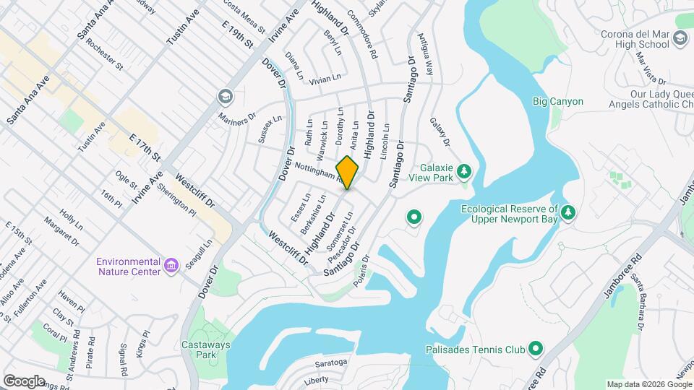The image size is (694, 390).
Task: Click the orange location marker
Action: pos(348,173)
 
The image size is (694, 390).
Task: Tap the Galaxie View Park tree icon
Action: pos(465,171)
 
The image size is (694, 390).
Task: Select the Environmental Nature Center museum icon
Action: pos(171,266)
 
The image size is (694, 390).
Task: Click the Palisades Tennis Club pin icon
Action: pos(535,350)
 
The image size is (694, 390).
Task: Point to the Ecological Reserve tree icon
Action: pos(569,212)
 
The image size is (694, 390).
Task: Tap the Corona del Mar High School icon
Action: pos(680,38)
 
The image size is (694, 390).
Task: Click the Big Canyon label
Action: pos(557,102)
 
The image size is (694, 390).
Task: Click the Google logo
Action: pos(24,381)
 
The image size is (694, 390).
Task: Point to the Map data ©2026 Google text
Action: pos(648,384)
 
